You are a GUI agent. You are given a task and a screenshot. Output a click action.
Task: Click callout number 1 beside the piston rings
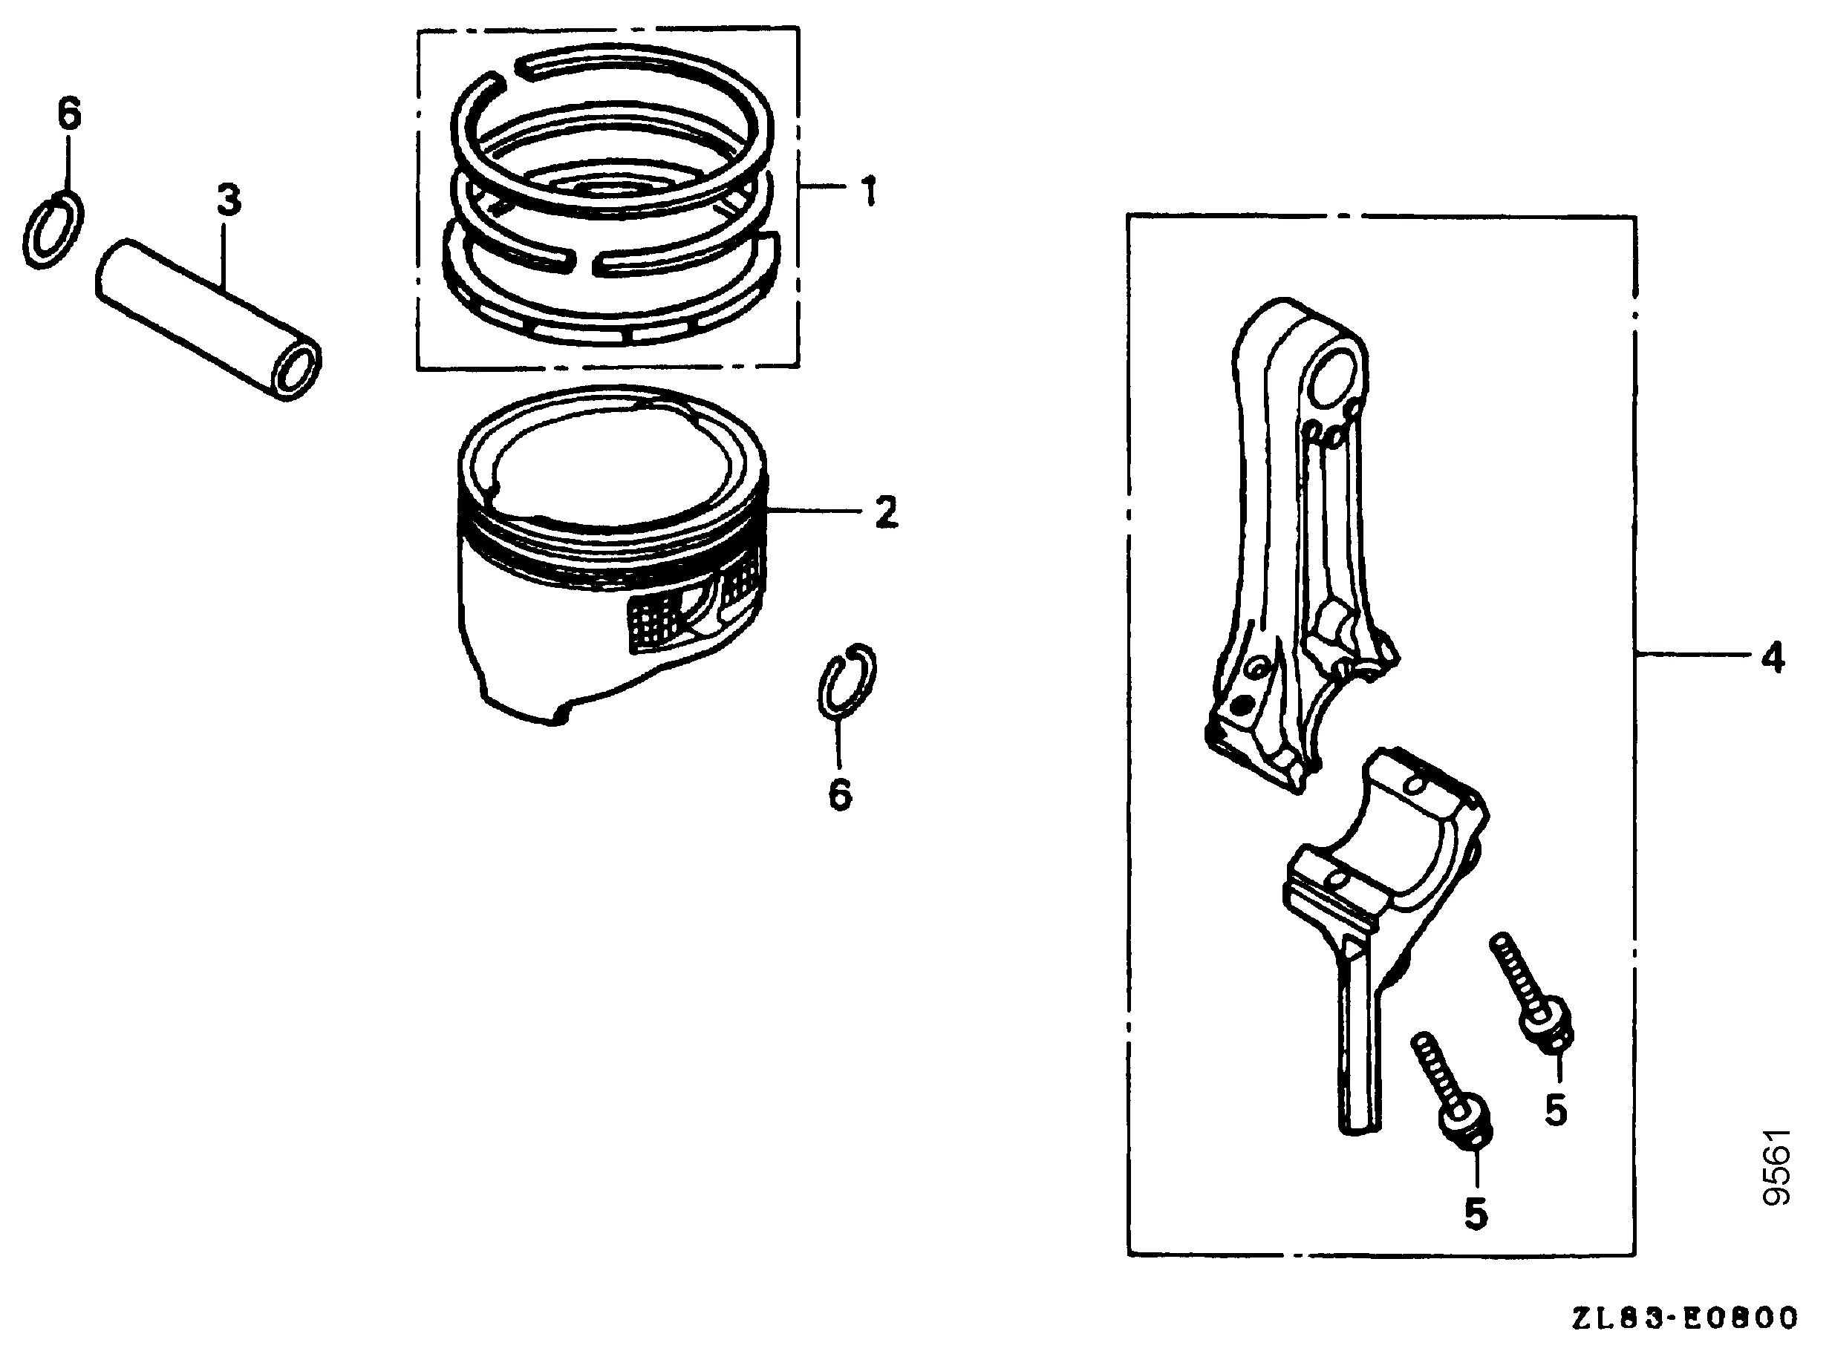[869, 191]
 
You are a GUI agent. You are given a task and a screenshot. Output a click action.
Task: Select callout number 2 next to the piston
[885, 512]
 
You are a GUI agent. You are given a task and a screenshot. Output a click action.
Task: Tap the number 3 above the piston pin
[229, 200]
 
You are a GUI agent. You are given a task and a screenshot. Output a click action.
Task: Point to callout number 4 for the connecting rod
[1771, 658]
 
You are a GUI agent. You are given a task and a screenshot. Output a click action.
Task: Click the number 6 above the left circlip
[70, 113]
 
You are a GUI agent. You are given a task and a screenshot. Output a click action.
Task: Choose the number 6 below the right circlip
[840, 794]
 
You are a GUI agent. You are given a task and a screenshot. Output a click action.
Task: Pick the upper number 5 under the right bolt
[1556, 1111]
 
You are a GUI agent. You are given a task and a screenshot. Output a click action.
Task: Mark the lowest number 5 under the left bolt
[1476, 1214]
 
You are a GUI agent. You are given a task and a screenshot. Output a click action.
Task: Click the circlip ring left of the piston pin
[53, 230]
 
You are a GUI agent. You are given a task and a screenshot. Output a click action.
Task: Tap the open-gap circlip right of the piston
[847, 679]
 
